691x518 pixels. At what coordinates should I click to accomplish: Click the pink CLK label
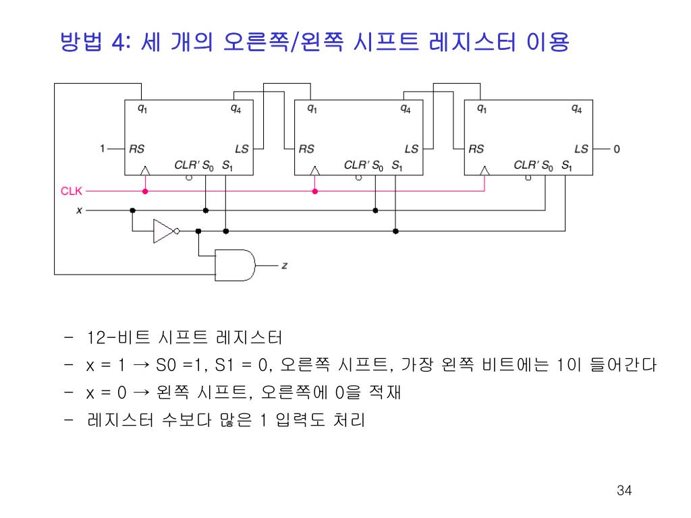tap(71, 191)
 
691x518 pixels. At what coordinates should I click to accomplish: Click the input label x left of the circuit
tap(78, 210)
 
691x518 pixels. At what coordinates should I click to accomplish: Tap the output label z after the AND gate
tap(284, 266)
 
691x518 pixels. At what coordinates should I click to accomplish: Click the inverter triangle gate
tap(163, 231)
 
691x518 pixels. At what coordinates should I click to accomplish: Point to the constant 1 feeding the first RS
tap(102, 148)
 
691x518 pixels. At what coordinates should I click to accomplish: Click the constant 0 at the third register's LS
tap(616, 148)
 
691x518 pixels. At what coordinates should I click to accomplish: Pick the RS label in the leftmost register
tap(137, 149)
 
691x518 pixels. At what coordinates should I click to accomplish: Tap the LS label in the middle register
tap(411, 149)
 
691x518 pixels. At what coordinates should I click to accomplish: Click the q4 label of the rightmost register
tap(576, 108)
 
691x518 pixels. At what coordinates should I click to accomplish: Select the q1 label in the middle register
tap(312, 108)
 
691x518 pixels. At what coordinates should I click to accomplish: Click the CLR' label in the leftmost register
tap(185, 164)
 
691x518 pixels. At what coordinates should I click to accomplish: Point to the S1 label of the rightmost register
tap(565, 164)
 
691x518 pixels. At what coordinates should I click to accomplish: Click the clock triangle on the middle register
tap(314, 171)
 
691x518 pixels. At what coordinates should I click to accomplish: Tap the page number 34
tap(624, 490)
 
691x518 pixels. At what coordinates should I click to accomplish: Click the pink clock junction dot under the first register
tap(144, 191)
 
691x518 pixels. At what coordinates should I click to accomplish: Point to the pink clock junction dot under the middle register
tap(314, 191)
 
